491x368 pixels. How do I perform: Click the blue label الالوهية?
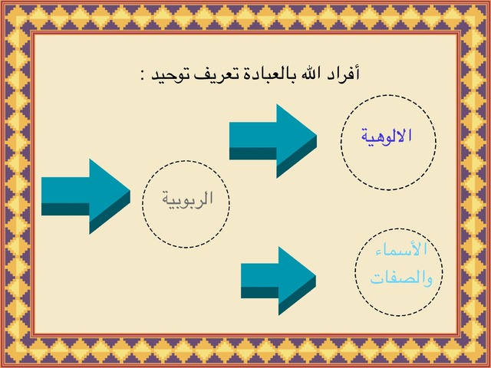(x=387, y=136)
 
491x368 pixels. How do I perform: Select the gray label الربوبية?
(x=187, y=199)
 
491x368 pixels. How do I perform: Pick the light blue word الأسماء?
(x=400, y=249)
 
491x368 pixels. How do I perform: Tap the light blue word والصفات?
(x=401, y=277)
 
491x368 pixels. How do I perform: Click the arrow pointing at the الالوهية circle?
(x=273, y=141)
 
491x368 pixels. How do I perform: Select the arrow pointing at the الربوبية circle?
(x=86, y=196)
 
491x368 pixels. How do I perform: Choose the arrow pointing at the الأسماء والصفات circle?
(x=278, y=281)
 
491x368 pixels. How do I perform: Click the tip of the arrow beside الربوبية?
(x=130, y=190)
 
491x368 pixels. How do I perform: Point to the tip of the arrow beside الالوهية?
(x=317, y=136)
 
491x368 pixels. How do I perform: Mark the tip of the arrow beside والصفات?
(x=315, y=276)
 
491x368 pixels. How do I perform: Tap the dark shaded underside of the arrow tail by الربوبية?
(x=65, y=209)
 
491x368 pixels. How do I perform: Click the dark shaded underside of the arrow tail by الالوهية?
(x=253, y=153)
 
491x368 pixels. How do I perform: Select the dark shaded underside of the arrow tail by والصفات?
(x=260, y=292)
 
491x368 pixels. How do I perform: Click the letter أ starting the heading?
(x=356, y=73)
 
